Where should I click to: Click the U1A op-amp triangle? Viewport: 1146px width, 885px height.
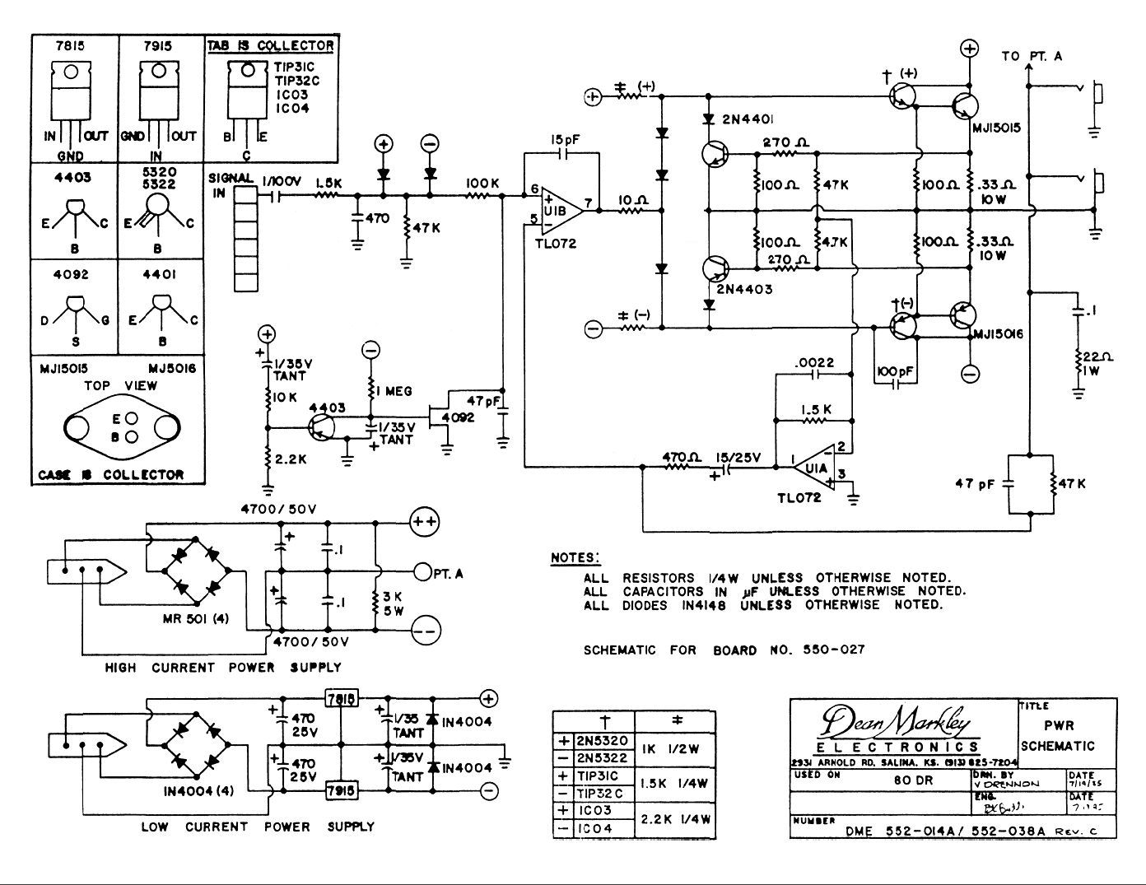(x=814, y=468)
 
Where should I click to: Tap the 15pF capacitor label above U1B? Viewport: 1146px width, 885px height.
(x=566, y=140)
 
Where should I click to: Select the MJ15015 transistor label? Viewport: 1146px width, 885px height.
(x=996, y=128)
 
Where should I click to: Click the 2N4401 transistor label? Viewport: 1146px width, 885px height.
(x=747, y=120)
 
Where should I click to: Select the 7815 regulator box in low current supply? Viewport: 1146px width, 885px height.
(x=341, y=699)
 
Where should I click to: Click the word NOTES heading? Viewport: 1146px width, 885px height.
(x=575, y=558)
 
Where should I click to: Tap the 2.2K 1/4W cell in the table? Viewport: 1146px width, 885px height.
(x=676, y=819)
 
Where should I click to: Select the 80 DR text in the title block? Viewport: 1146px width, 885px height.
(x=912, y=780)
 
